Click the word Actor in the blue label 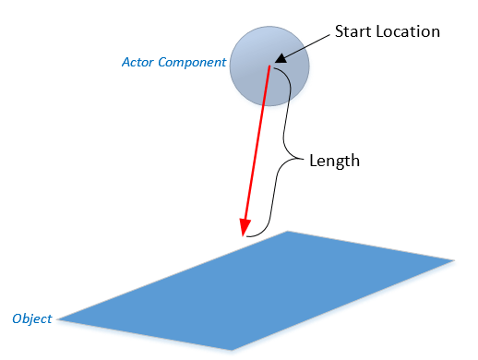(x=138, y=63)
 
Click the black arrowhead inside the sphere (x=278, y=59)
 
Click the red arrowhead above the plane (x=245, y=228)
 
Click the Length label (x=334, y=161)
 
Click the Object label (x=31, y=318)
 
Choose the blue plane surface (x=268, y=286)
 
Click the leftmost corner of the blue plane (x=58, y=320)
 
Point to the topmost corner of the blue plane (x=289, y=232)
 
